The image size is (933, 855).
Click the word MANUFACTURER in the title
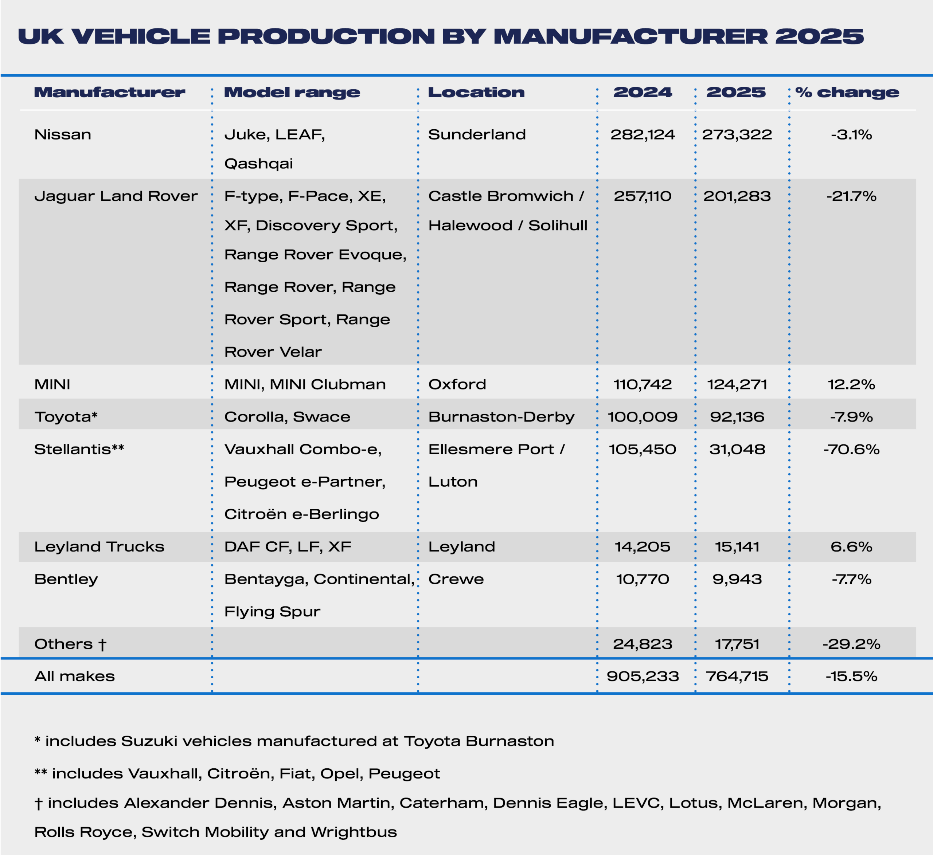coord(631,36)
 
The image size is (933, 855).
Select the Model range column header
coord(292,92)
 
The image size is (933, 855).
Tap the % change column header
coord(847,92)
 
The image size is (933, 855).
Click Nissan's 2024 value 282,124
coord(643,135)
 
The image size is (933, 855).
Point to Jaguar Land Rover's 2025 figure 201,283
coord(737,196)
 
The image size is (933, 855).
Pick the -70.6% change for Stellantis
coord(851,449)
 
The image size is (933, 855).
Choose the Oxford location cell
coord(457,384)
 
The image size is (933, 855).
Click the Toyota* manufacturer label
coord(66,417)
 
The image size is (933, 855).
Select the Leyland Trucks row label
coord(99,547)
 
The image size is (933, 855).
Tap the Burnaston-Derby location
coord(501,417)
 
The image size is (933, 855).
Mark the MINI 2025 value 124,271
coord(737,384)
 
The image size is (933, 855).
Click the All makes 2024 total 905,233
coord(643,676)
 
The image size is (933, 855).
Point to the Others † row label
coord(70,644)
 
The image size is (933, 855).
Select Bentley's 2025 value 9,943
coord(737,579)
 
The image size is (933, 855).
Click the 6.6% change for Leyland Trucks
coord(851,547)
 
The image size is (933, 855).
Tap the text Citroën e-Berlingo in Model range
coord(301,514)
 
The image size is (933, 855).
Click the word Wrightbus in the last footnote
coord(354,832)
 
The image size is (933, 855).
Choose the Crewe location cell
coord(456,579)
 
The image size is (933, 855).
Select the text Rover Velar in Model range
coord(273,352)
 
